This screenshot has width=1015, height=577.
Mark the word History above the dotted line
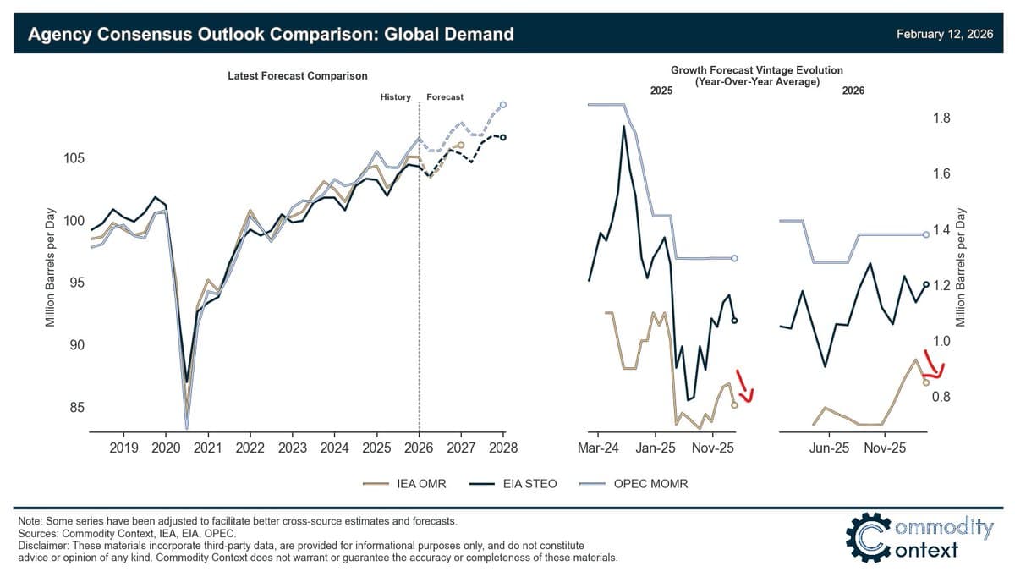[395, 97]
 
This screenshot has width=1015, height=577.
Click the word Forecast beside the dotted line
[445, 97]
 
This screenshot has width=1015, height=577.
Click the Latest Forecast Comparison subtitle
[298, 76]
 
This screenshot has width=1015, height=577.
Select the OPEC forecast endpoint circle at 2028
[503, 105]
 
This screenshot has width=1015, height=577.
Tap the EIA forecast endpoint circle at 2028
[503, 137]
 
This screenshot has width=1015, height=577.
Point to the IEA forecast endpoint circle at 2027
[461, 146]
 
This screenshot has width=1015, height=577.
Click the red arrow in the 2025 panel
[745, 386]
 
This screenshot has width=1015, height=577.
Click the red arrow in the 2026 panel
[931, 365]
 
